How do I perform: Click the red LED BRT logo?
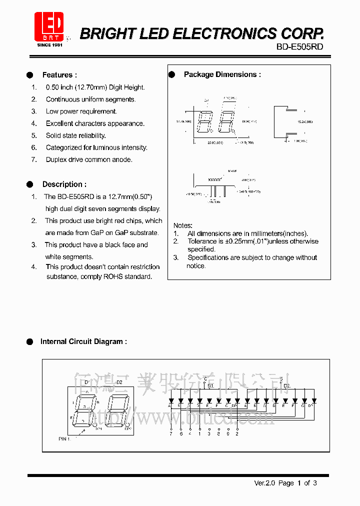point(49,25)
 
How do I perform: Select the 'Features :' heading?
point(59,75)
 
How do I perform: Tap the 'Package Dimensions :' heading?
point(222,74)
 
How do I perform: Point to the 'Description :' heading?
point(64,184)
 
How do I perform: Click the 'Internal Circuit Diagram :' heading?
point(83,341)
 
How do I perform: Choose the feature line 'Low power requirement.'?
point(81,111)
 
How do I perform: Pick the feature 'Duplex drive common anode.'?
point(89,159)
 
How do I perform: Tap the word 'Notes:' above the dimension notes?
point(182,225)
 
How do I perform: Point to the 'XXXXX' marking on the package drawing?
point(214,179)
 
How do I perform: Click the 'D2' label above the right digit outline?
point(119,382)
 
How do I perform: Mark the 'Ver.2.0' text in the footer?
point(264,483)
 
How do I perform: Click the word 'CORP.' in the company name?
point(300,33)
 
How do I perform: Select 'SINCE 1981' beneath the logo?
point(49,44)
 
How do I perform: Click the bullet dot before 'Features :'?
point(30,75)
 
